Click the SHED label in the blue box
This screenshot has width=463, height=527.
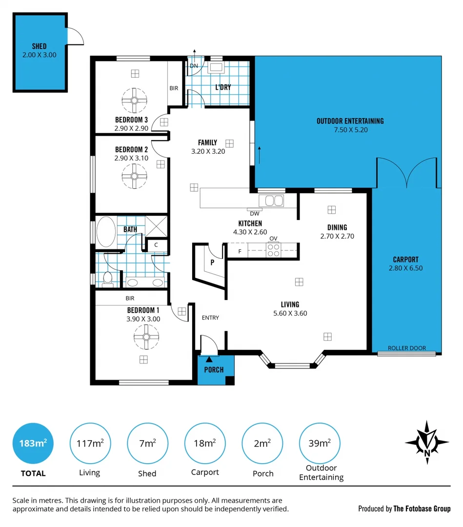coord(39,46)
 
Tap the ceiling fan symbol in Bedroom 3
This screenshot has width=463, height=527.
coord(134,100)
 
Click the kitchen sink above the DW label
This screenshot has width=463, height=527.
coord(271,201)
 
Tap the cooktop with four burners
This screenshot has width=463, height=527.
coord(273,250)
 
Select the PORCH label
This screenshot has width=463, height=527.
coord(214,370)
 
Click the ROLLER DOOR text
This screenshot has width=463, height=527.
coord(406,348)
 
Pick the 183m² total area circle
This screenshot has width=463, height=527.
coord(33,443)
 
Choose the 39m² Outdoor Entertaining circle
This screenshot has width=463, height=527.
coord(320,443)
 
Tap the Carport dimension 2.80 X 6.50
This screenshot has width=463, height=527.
coord(406,268)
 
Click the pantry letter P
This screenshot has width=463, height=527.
coord(212,262)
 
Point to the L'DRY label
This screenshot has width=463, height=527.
coord(223,88)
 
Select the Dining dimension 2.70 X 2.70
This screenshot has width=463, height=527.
coord(337,236)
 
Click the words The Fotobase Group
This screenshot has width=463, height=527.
coord(422,508)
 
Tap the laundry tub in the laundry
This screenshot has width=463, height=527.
coord(216,67)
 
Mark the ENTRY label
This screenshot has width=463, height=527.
coord(210,318)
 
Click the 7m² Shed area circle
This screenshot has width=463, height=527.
coord(147,443)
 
